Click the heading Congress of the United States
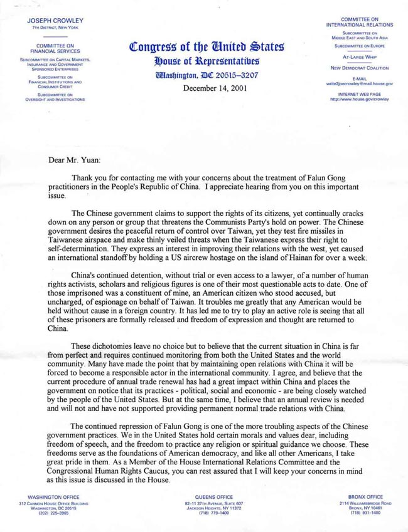coord(207,47)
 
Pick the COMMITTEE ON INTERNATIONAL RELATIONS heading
coord(360,22)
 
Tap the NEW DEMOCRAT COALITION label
coord(360,68)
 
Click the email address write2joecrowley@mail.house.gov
coord(360,83)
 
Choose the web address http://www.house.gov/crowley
coord(360,98)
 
